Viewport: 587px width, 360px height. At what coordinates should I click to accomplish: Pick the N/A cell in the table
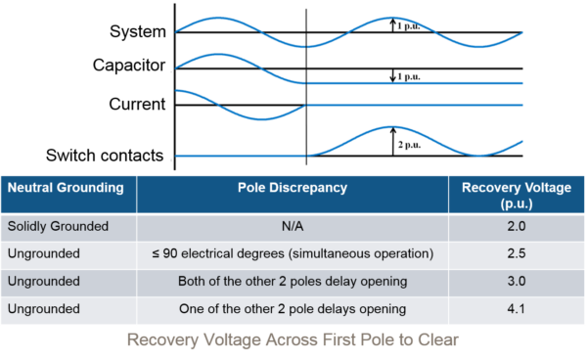pyautogui.click(x=292, y=226)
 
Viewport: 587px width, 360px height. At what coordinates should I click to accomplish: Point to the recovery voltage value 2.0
pyautogui.click(x=517, y=226)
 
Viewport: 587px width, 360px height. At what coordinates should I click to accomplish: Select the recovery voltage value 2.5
pyautogui.click(x=517, y=253)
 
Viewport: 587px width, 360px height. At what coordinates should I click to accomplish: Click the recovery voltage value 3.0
pyautogui.click(x=517, y=281)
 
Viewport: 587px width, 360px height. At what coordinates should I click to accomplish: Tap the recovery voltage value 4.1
pyautogui.click(x=517, y=309)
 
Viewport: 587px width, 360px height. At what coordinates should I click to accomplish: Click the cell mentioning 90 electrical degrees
pyautogui.click(x=292, y=253)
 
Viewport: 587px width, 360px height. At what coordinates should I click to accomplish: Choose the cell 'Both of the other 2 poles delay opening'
pyautogui.click(x=292, y=281)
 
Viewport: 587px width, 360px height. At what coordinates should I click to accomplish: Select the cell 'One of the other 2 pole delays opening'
pyautogui.click(x=292, y=309)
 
